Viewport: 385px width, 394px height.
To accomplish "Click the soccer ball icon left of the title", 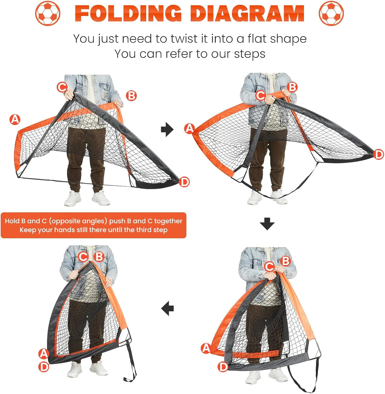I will [x=48, y=13].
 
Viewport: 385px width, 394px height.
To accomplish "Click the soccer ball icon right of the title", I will [x=331, y=13].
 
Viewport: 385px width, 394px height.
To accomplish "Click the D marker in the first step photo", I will [x=184, y=182].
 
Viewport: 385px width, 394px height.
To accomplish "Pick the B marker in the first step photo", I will [x=131, y=96].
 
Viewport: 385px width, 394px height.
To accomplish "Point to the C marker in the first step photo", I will [x=62, y=87].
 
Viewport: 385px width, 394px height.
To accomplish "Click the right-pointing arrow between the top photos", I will [x=167, y=130].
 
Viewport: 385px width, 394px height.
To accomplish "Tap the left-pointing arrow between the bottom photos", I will [x=167, y=308].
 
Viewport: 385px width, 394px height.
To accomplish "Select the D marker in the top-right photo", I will [x=378, y=155].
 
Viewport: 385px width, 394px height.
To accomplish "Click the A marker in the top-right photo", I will [x=189, y=128].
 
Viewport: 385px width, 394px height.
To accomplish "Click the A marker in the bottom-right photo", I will [x=206, y=348].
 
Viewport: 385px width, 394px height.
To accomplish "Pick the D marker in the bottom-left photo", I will [x=44, y=367].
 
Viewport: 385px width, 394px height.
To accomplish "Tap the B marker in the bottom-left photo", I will [x=99, y=256].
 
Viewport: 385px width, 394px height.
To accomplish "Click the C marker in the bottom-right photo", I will [x=269, y=266].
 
